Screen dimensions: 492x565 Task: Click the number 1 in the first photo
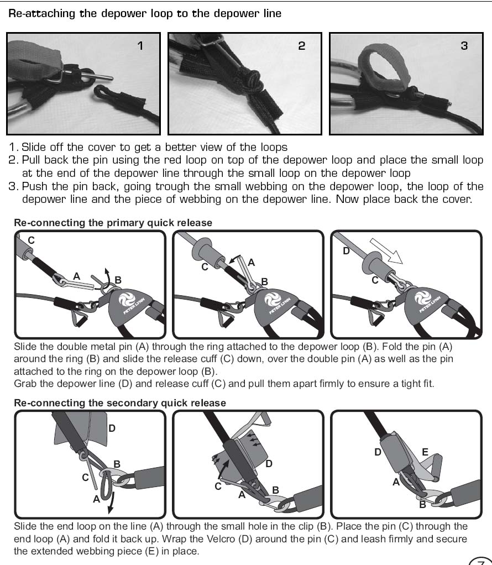tap(140, 46)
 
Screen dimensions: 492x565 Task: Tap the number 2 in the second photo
tap(302, 46)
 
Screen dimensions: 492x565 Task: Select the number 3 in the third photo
tap(464, 46)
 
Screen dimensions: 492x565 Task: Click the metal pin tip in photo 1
tap(112, 78)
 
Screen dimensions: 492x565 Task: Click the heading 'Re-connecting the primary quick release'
tap(113, 223)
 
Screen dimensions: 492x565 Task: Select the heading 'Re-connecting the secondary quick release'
tap(119, 403)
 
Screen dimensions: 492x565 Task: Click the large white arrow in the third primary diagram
tap(386, 251)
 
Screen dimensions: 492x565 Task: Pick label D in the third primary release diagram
tap(346, 251)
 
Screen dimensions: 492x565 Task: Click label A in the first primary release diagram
tap(76, 276)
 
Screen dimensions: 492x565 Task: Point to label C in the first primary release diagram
tap(32, 240)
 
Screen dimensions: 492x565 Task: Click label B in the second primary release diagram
tap(264, 281)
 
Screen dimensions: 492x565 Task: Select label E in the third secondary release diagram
tap(425, 452)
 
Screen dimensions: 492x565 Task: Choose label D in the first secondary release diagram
tap(112, 428)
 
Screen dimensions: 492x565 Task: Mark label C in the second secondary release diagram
tap(218, 486)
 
